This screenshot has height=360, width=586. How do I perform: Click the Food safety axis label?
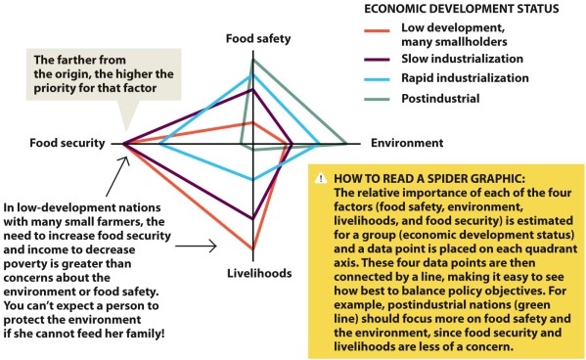click(252, 40)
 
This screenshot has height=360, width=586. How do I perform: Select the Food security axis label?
click(68, 144)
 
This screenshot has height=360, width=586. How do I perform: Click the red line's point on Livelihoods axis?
click(253, 249)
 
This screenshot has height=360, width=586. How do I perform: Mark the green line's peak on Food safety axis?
click(253, 60)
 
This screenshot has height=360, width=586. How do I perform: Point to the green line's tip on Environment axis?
click(349, 145)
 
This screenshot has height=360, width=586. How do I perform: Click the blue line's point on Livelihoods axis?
click(253, 180)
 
